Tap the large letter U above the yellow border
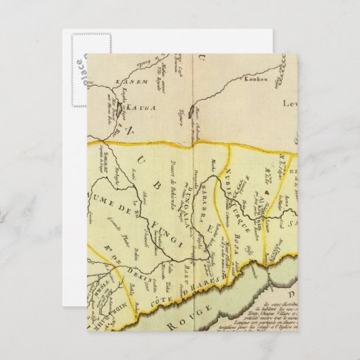click(202, 61)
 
